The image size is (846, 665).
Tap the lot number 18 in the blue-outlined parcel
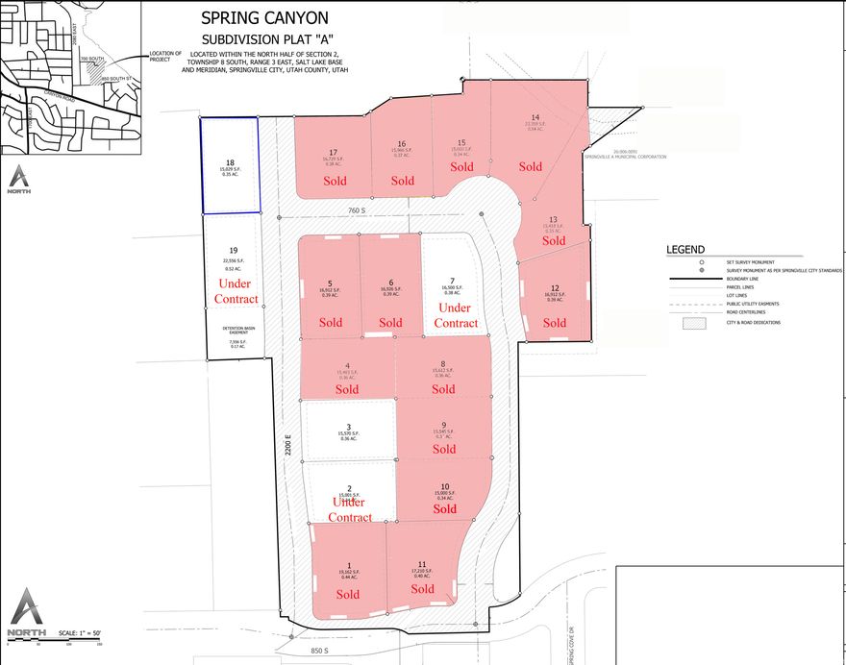pos(230,163)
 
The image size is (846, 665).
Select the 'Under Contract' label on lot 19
pos(237,292)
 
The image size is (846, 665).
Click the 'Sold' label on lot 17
pos(335,181)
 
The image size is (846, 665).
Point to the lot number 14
pos(535,117)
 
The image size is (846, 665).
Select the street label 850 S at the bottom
pos(318,651)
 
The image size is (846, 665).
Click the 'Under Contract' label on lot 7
pos(456,315)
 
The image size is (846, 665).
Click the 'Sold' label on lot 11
pos(422,589)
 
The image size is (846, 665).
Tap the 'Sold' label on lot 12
pos(554,323)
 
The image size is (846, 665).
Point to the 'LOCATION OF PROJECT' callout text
pos(166,56)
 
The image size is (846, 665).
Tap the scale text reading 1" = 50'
pos(81,632)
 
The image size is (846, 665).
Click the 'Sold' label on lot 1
pos(348,594)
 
